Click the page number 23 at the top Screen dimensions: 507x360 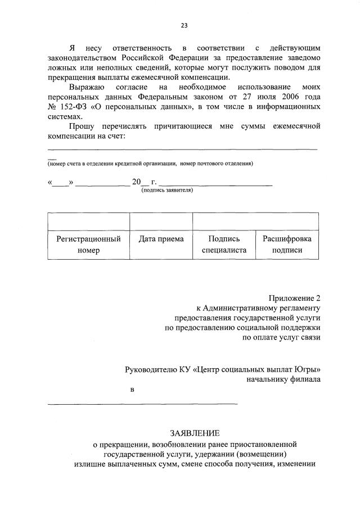(184, 25)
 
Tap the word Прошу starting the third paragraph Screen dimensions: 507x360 (83, 126)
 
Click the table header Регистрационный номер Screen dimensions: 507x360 (88, 245)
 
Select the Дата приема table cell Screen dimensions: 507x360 (161, 239)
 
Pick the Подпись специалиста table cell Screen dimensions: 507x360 (224, 245)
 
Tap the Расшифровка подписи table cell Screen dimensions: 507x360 (287, 245)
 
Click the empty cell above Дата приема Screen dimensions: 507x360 (161, 221)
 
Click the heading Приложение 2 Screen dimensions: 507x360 (295, 298)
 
